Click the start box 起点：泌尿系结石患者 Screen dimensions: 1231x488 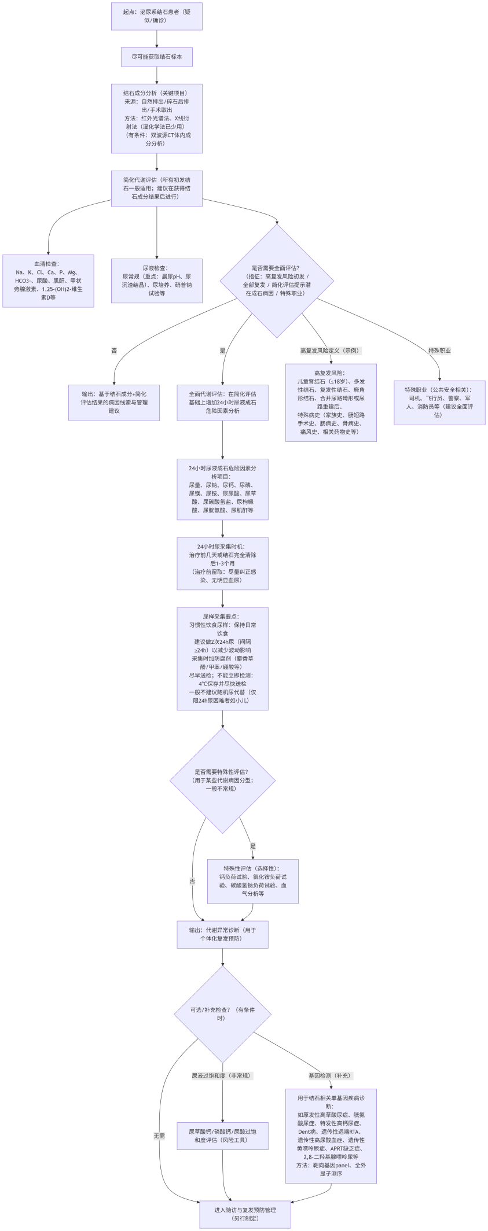pos(156,16)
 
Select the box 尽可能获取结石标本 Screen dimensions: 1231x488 pos(156,57)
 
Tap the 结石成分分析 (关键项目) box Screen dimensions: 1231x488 pos(156,118)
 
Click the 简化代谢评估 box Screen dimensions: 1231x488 pos(156,188)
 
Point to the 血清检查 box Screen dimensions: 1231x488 pos(48,281)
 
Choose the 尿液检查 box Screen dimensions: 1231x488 pos(156,281)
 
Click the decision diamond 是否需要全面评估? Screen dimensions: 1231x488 pos(277,281)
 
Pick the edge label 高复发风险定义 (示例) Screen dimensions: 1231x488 pos(331,351)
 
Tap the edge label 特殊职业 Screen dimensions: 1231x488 pos(439,351)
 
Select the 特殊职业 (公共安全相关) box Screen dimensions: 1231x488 pos(439,403)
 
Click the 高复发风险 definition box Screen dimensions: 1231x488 pos(331,403)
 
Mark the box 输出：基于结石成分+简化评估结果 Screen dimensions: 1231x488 pos(114,403)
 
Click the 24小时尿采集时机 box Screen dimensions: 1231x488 pos(222,563)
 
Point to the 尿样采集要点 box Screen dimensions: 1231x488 pos(222,658)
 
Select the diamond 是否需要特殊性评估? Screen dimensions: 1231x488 pos(222,780)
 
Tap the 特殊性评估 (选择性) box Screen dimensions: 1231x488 pos(252,881)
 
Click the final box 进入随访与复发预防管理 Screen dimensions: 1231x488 pos(245,1214)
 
